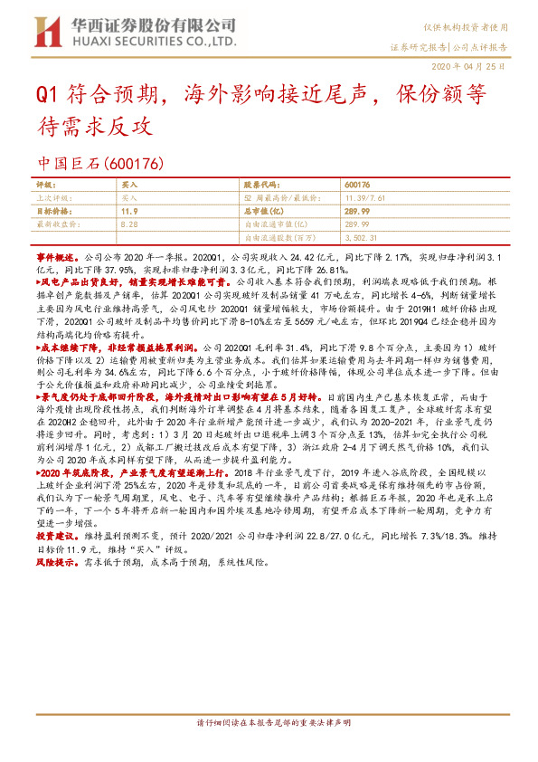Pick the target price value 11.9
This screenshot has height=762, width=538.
tap(129, 208)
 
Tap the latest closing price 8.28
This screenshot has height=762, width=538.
tap(128, 221)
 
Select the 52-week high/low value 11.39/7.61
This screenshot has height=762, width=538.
tap(367, 195)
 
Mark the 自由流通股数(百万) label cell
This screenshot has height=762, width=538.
tap(279, 236)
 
